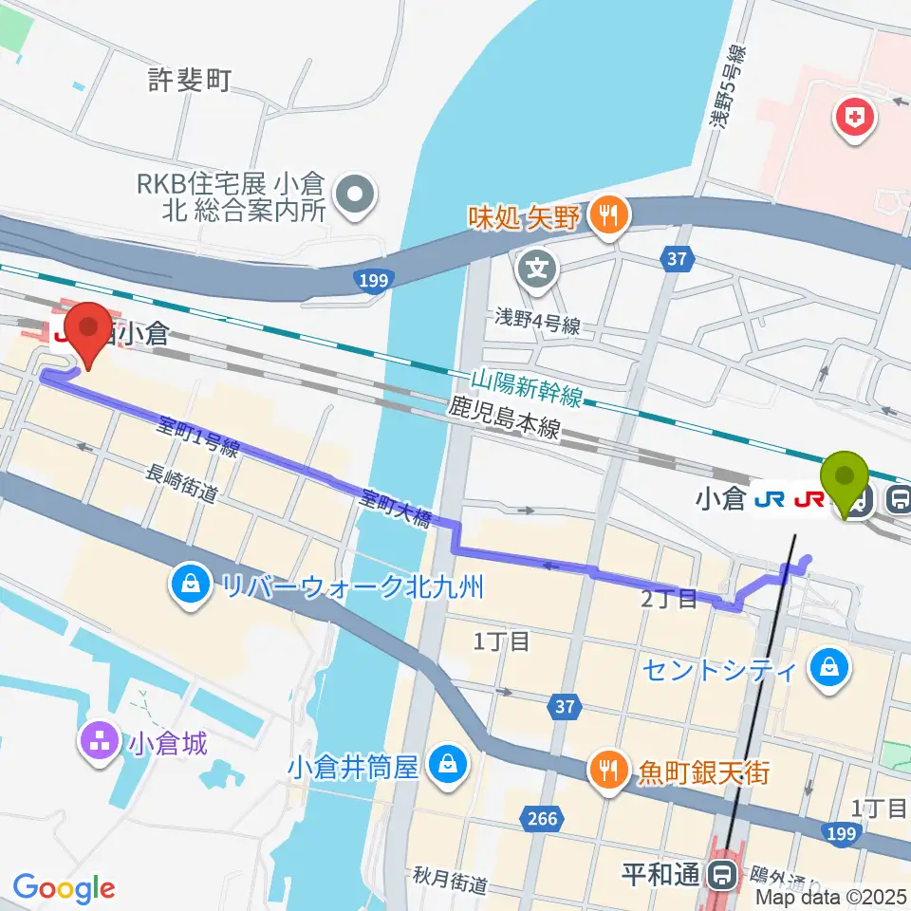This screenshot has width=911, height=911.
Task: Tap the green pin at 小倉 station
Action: (x=847, y=483)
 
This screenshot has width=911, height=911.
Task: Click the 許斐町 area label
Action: (x=190, y=81)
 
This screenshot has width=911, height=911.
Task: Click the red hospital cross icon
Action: (x=854, y=120)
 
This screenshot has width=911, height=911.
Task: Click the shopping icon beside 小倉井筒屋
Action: (x=444, y=764)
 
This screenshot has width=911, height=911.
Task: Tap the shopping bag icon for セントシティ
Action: (x=829, y=670)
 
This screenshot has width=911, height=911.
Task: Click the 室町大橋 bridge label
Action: (x=397, y=508)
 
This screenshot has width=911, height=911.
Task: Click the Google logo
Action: (x=64, y=888)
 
